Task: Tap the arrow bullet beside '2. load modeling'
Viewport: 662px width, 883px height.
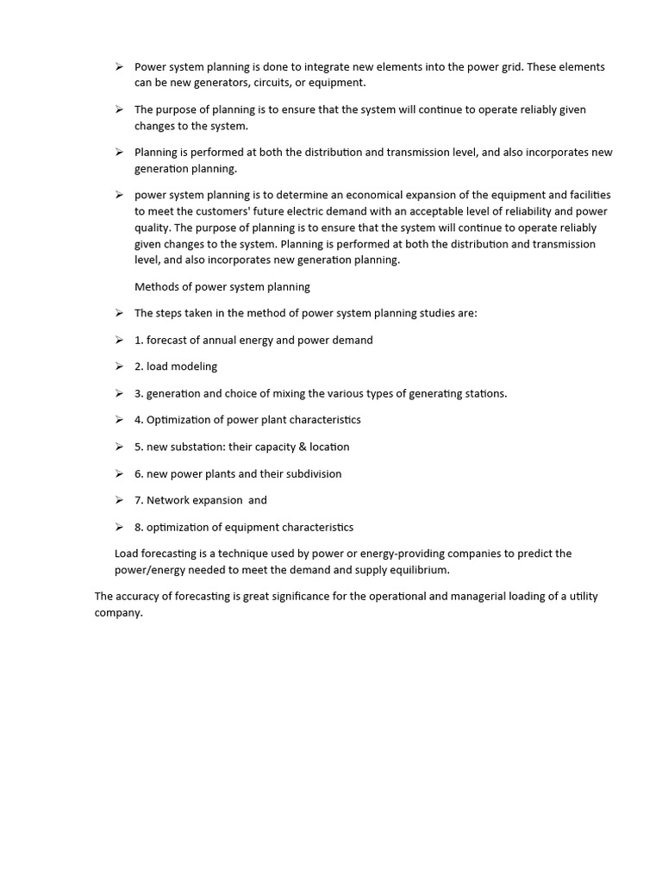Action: [119, 366]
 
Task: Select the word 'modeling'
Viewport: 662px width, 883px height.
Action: [194, 366]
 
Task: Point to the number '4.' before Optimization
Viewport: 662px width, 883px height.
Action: [139, 420]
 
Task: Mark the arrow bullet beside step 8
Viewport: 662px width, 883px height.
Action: [119, 527]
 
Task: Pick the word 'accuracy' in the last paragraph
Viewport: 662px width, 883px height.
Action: [140, 597]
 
